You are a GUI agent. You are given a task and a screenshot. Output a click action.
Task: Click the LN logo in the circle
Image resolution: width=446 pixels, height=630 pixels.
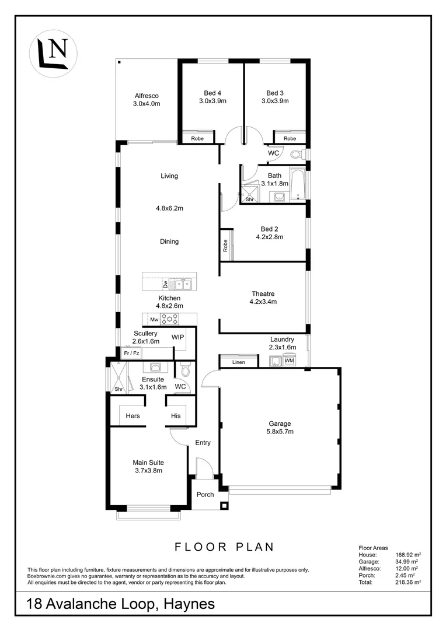53,54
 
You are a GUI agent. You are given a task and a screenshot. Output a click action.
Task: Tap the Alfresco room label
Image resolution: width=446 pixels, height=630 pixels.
147,96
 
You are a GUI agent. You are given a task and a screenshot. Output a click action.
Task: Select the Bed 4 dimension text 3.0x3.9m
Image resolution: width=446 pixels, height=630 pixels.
212,101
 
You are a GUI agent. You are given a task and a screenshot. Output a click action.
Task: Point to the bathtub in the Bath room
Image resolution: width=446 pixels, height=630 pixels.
298,184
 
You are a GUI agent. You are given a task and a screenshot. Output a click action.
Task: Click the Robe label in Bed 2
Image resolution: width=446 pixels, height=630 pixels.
225,246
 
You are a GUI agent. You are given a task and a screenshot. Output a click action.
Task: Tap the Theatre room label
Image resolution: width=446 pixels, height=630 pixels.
263,293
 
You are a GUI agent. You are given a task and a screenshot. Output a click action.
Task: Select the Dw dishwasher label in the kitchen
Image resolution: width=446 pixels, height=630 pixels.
165,285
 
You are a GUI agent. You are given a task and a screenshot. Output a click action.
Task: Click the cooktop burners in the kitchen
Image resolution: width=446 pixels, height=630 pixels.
170,320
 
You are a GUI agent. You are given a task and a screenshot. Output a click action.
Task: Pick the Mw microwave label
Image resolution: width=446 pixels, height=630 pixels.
155,320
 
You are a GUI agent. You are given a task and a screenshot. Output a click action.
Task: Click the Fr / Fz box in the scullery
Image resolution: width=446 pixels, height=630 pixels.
131,353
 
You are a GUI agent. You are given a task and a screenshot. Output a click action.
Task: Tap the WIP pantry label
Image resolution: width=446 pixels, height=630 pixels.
177,337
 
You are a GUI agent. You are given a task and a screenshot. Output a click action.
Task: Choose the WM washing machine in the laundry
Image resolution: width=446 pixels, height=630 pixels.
289,360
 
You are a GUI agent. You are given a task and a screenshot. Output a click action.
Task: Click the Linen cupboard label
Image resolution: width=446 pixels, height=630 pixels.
239,362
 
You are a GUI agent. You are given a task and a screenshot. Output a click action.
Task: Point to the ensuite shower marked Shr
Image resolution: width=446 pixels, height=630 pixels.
120,377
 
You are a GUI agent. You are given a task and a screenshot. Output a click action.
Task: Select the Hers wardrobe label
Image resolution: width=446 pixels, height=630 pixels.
133,416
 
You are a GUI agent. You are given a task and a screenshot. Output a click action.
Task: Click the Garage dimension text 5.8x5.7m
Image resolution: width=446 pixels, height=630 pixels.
280,432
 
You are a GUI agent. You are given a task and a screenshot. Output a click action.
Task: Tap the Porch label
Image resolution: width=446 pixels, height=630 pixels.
205,495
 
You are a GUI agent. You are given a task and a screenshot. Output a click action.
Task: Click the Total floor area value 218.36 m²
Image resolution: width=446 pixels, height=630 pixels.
408,582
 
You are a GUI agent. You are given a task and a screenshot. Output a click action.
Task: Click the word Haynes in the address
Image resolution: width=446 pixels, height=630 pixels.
189,604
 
